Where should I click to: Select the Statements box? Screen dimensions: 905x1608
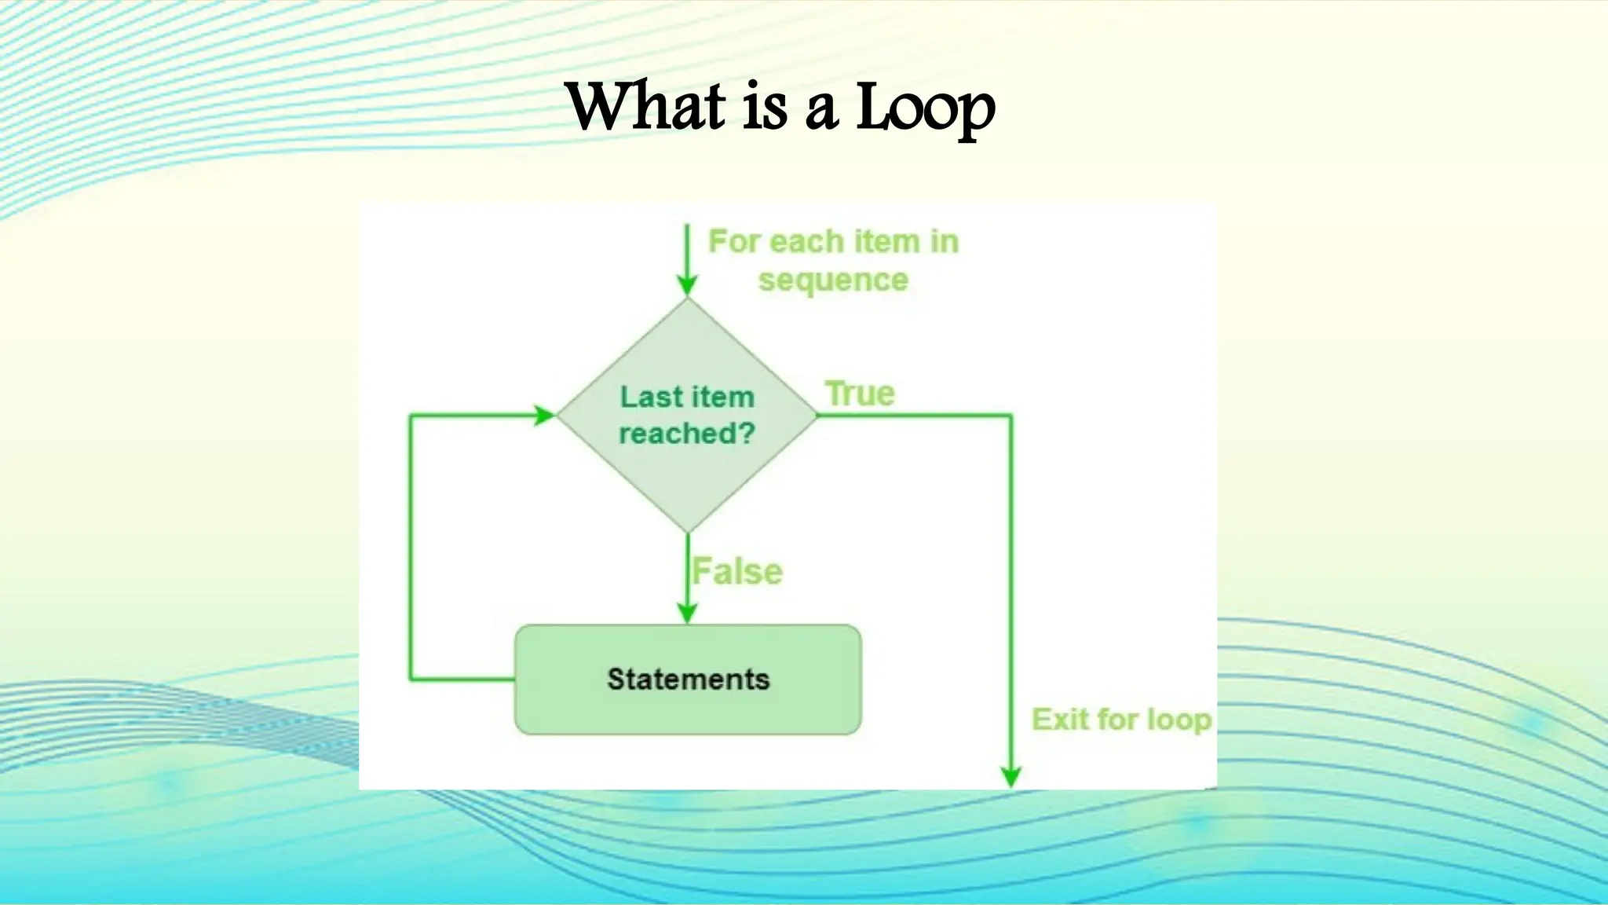688,680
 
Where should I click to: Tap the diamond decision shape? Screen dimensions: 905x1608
688,471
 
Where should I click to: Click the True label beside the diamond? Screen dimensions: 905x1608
860,394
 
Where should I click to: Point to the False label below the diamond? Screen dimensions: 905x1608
737,571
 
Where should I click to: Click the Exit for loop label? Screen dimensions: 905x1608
1121,720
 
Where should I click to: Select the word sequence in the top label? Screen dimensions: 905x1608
833,280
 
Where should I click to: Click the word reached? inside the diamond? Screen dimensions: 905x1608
687,433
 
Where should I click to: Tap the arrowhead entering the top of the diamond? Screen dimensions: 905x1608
688,286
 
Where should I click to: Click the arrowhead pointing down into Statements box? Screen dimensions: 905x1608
688,614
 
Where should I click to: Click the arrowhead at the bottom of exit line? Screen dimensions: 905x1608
1011,777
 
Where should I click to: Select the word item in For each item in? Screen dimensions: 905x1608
886,241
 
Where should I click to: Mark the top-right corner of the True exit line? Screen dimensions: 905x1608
1011,416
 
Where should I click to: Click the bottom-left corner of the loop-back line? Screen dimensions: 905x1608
410,679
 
